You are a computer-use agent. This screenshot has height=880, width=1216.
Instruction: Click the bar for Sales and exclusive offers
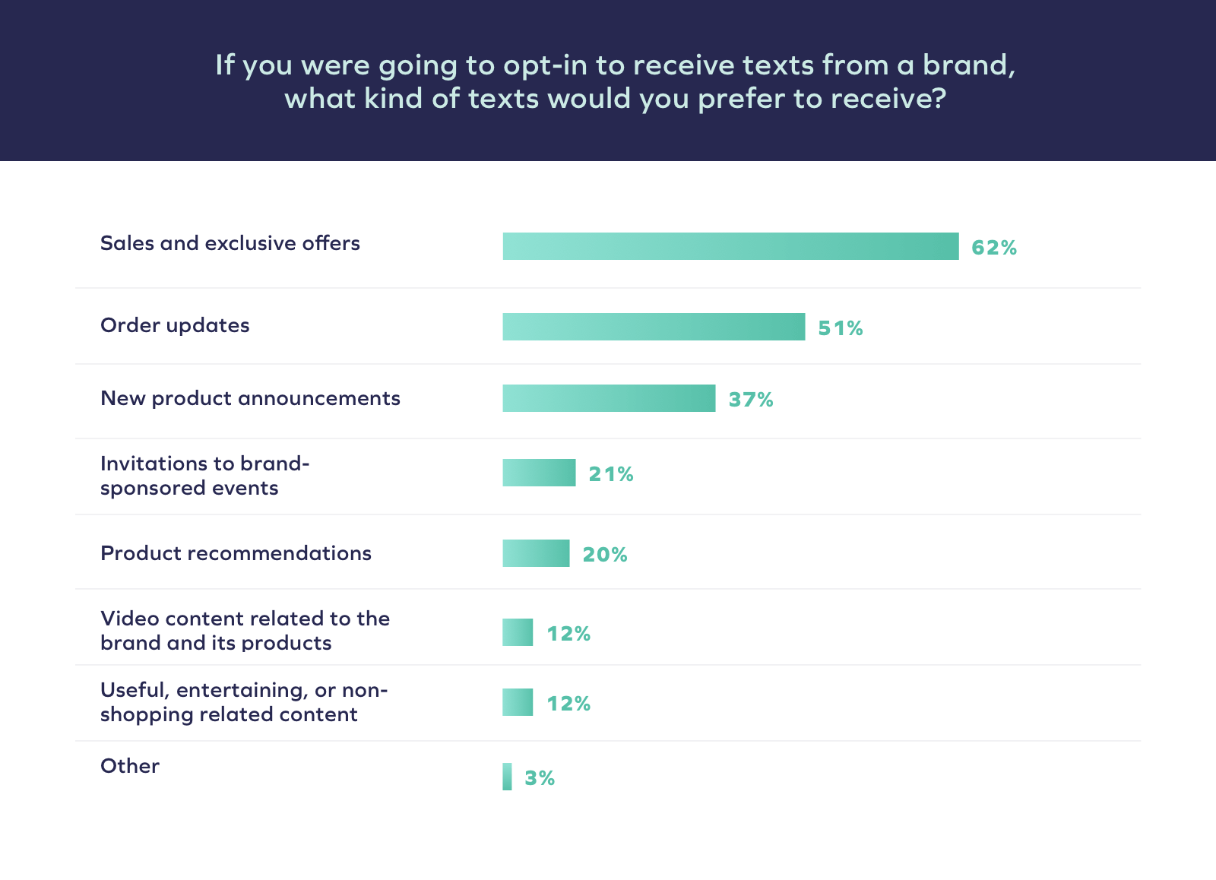(x=730, y=246)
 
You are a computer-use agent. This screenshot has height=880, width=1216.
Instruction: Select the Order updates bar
(x=654, y=327)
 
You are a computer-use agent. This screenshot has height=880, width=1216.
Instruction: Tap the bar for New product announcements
(x=609, y=398)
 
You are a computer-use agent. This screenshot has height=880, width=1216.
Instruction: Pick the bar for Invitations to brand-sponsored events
(x=539, y=473)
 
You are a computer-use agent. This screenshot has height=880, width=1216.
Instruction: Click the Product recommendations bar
(x=536, y=553)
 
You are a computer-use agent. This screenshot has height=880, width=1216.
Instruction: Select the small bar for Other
(x=507, y=777)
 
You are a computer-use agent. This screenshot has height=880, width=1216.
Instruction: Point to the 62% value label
(x=994, y=248)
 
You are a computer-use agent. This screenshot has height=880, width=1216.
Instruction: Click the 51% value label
(x=841, y=328)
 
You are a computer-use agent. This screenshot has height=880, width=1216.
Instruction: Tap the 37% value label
(x=751, y=400)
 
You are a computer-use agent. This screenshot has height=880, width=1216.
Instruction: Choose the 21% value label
(x=611, y=474)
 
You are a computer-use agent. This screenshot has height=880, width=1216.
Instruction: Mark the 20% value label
(x=605, y=555)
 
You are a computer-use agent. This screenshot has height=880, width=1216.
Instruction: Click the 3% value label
(x=540, y=778)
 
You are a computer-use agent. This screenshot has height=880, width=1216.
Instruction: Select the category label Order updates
(x=175, y=325)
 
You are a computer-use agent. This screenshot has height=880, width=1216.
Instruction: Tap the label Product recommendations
(x=236, y=553)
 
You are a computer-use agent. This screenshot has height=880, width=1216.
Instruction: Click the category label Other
(x=130, y=766)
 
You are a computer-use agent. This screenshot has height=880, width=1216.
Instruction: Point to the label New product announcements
(x=250, y=398)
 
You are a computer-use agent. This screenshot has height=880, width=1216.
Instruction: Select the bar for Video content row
(x=518, y=632)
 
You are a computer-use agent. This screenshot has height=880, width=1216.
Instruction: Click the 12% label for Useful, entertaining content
(x=568, y=704)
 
